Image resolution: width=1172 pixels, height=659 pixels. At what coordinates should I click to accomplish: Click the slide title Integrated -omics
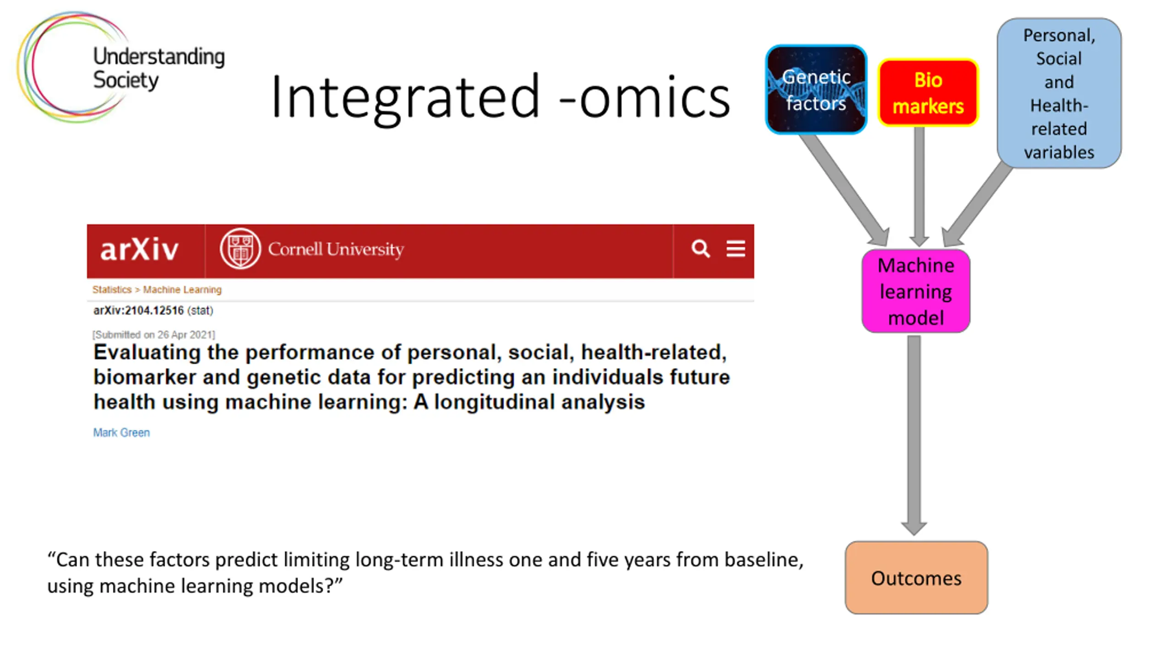click(x=500, y=97)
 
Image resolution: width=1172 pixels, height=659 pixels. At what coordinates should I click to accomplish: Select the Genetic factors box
click(x=816, y=90)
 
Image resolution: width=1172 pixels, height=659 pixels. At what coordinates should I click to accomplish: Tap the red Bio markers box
click(x=928, y=93)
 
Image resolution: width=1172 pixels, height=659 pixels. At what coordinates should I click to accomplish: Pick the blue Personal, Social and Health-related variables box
click(x=1059, y=93)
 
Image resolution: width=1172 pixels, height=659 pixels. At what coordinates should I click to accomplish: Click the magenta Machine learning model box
click(x=916, y=291)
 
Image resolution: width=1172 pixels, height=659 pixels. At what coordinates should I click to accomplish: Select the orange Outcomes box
click(x=916, y=578)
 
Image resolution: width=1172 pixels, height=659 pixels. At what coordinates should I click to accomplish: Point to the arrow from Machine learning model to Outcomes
click(x=914, y=435)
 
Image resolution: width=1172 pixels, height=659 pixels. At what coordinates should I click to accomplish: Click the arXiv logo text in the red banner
click(x=139, y=250)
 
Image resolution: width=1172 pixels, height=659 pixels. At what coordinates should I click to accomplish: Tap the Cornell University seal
click(x=240, y=248)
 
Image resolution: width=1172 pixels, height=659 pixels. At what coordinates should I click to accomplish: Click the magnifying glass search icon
click(x=700, y=248)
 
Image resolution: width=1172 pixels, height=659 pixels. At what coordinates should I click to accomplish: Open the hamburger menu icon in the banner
click(x=736, y=248)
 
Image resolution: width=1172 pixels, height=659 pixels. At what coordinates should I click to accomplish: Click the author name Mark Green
click(x=121, y=432)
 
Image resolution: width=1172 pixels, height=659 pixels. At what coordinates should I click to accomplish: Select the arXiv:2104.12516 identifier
click(x=138, y=311)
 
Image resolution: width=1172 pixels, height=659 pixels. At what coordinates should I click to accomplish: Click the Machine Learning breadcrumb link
click(x=182, y=290)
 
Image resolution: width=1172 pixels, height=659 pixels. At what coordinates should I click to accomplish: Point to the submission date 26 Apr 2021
click(x=185, y=335)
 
